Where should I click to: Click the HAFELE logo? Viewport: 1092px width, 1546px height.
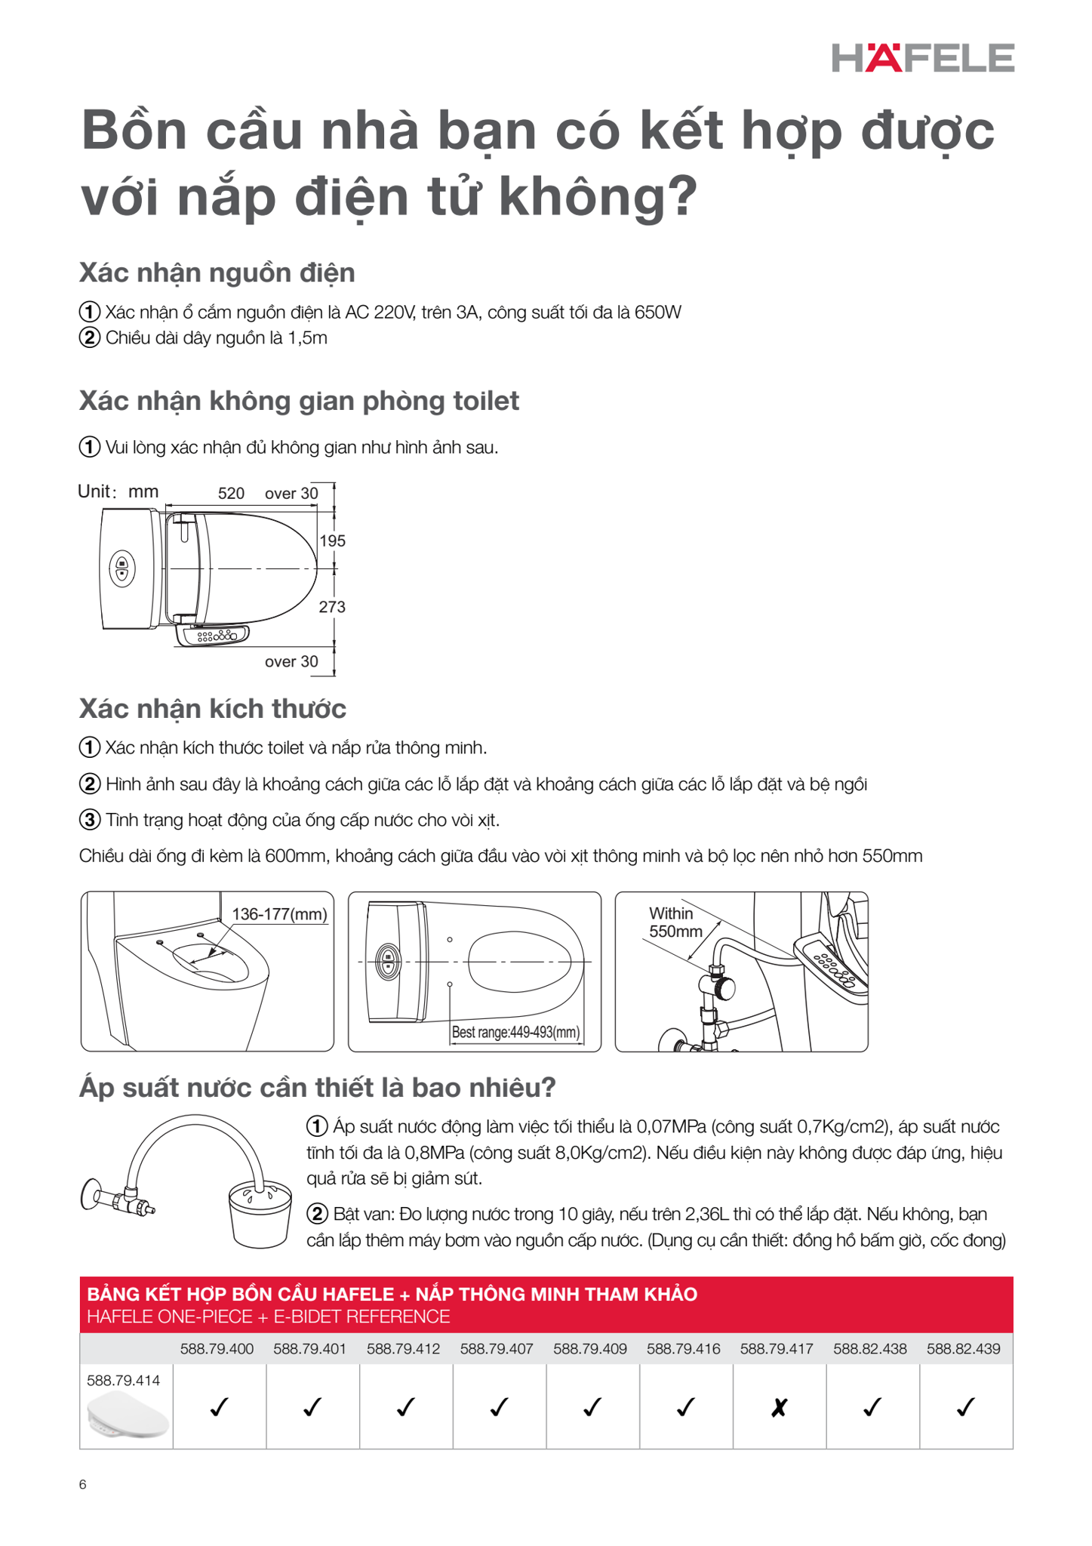[x=922, y=58]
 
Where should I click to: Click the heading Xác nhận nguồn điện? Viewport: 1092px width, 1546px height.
[x=217, y=273]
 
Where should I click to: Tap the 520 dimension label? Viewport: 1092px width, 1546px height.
[x=231, y=494]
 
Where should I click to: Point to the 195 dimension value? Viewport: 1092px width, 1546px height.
[x=332, y=541]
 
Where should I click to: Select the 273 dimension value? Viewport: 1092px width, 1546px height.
[x=332, y=607]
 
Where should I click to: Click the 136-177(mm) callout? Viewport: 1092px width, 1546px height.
[x=279, y=914]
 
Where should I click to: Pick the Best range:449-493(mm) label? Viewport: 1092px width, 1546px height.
[x=515, y=1032]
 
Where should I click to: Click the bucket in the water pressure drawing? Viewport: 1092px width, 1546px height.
[x=260, y=1215]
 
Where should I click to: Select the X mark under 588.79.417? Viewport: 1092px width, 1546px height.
[x=779, y=1407]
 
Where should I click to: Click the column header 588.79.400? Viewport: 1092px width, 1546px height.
[x=217, y=1349]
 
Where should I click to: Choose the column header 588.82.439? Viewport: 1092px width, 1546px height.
[x=964, y=1349]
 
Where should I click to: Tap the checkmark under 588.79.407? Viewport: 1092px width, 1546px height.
[x=498, y=1407]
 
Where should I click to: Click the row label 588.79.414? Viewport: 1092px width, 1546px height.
[x=123, y=1381]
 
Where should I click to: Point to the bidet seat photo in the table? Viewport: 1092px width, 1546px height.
[x=127, y=1416]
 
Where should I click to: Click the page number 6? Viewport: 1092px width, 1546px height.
[x=83, y=1484]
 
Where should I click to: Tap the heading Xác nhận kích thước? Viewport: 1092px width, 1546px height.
[x=212, y=709]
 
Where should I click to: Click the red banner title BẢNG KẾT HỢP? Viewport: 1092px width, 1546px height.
[x=392, y=1295]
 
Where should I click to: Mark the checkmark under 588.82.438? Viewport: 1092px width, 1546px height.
[x=872, y=1407]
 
